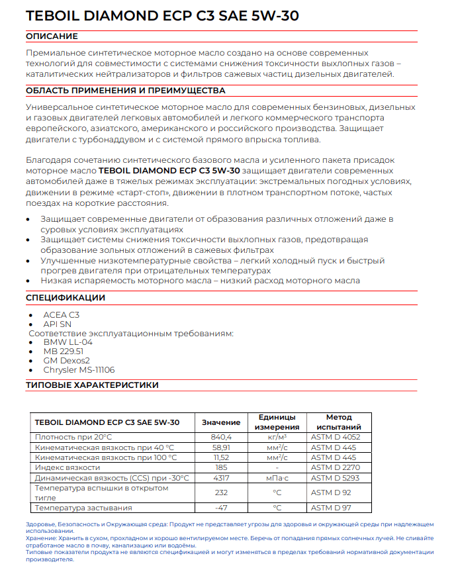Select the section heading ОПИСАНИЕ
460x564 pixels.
tap(52, 36)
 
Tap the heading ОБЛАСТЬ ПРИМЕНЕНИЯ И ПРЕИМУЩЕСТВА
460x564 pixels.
tap(125, 91)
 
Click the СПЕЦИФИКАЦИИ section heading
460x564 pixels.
tap(66, 298)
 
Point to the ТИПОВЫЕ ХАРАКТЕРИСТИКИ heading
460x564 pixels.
tap(92, 385)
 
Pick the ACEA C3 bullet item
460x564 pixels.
tap(62, 315)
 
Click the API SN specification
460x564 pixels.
tap(58, 324)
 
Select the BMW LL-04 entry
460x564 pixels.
tap(68, 342)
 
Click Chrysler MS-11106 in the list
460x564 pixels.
tap(79, 370)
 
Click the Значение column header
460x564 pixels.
tap(220, 422)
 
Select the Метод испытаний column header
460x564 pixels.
tap(340, 422)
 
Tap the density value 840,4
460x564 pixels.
tap(220, 438)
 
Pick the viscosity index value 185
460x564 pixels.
tap(220, 467)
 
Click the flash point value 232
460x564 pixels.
tap(220, 493)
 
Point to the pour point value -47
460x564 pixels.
tap(220, 508)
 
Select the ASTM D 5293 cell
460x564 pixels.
tap(336, 478)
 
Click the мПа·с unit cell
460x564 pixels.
tap(277, 478)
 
